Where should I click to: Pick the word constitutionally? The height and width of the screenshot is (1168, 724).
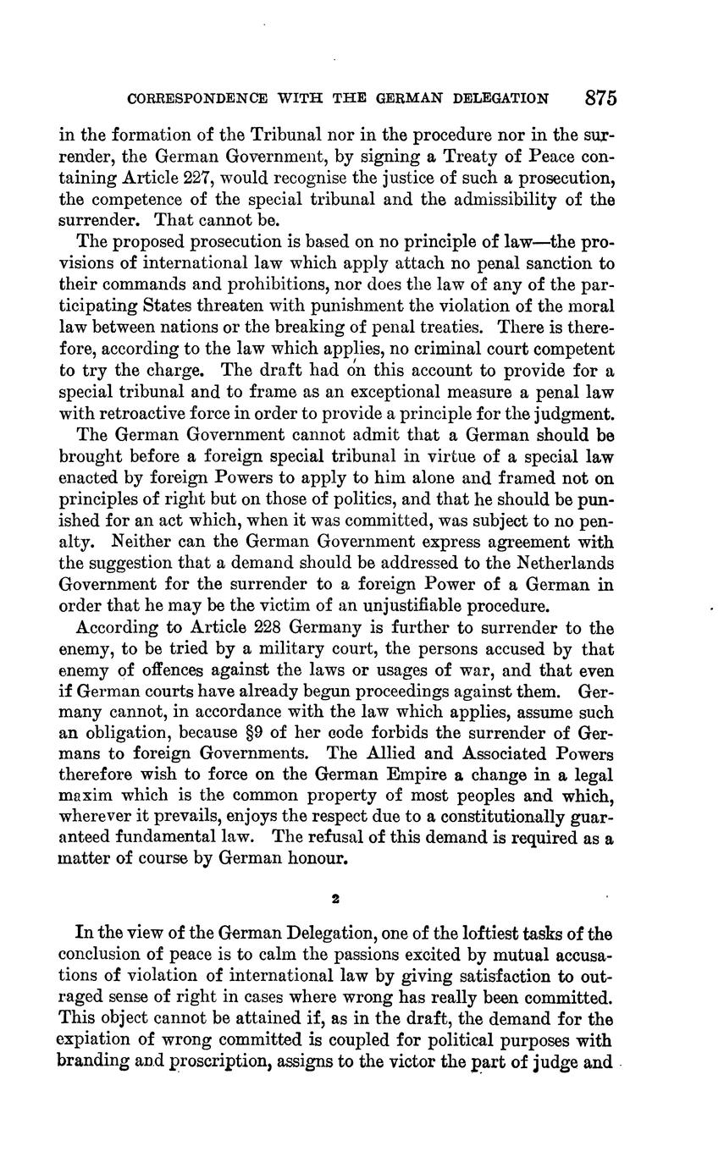478,817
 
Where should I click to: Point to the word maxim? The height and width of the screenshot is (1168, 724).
80,796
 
